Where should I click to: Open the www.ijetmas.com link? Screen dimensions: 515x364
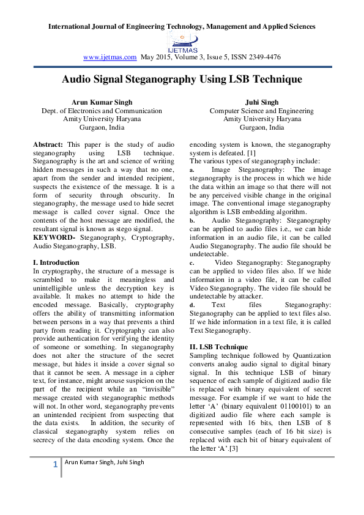click(x=110, y=57)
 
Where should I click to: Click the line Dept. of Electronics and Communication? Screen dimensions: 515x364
click(x=102, y=111)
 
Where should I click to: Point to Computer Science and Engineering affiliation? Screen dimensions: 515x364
click(x=261, y=111)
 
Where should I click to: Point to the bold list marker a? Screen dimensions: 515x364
click(x=192, y=169)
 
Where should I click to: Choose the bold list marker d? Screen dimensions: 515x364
click(x=192, y=305)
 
